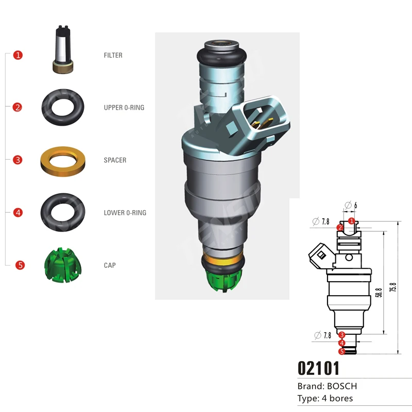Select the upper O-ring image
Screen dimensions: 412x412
click(62, 107)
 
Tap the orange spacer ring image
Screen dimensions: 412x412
click(63, 160)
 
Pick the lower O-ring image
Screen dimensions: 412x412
click(62, 212)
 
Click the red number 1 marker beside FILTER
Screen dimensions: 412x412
click(18, 55)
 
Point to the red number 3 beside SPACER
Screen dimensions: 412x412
click(18, 160)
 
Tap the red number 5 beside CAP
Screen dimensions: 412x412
click(20, 265)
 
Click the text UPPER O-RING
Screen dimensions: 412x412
click(124, 108)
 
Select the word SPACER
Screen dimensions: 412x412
click(115, 160)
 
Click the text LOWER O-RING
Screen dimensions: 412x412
click(125, 213)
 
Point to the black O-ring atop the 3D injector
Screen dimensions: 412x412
click(221, 55)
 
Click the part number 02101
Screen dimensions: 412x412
click(318, 368)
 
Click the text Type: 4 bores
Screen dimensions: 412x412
click(325, 398)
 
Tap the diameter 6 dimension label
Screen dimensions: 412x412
click(352, 205)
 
